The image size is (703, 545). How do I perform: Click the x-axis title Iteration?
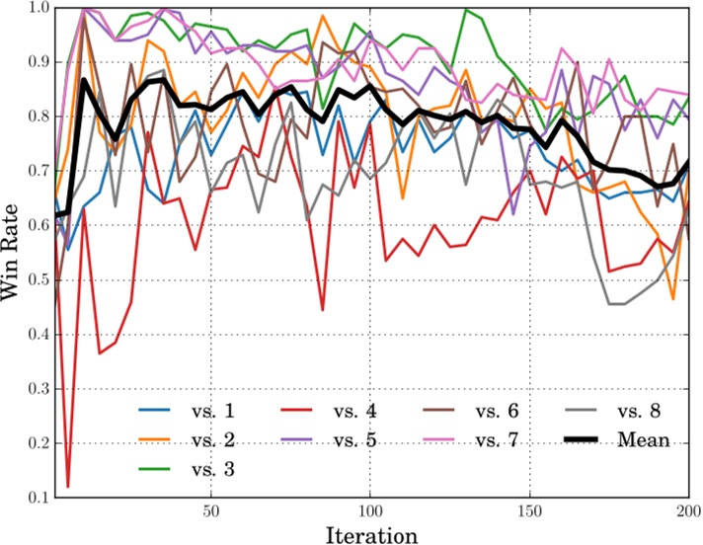coord(373,534)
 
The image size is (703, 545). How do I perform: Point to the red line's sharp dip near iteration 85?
coord(323,309)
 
